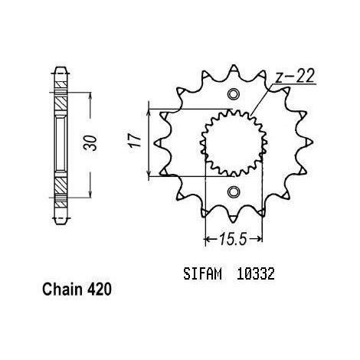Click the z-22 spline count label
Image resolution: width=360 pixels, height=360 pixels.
point(294,76)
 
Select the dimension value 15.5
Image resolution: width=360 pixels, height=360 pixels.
point(232,239)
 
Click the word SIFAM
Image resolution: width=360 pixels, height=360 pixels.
point(202,274)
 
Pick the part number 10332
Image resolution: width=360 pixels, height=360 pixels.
point(255,274)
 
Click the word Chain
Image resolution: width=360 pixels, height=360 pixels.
point(62,290)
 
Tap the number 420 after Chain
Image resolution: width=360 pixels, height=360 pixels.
point(100,290)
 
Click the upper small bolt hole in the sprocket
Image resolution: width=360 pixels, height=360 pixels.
point(233,94)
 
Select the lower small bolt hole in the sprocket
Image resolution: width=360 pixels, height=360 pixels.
point(233,191)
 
